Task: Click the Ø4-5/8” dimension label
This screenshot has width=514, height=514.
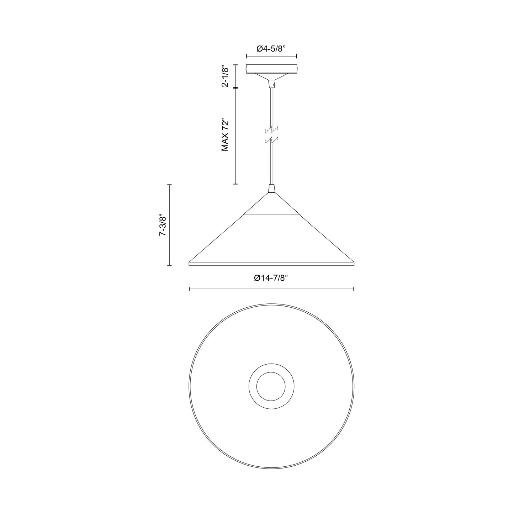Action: [x=271, y=49]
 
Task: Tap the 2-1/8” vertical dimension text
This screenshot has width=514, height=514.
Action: [x=225, y=76]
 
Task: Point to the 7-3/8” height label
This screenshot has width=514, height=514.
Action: [x=163, y=225]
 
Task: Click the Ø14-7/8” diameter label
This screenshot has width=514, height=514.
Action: [x=271, y=279]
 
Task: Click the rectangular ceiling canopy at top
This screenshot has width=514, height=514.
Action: [x=272, y=69]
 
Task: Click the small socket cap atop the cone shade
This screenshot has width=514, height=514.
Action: [x=271, y=188]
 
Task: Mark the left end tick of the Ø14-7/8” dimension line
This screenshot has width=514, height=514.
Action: [x=189, y=289]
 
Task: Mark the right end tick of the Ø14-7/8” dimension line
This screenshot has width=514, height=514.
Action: [x=354, y=289]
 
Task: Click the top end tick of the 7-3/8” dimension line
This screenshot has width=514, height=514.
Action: [x=170, y=185]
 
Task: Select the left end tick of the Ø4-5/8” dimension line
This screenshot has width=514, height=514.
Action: [x=247, y=56]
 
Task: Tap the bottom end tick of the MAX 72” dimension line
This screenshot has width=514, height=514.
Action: [x=235, y=184]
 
